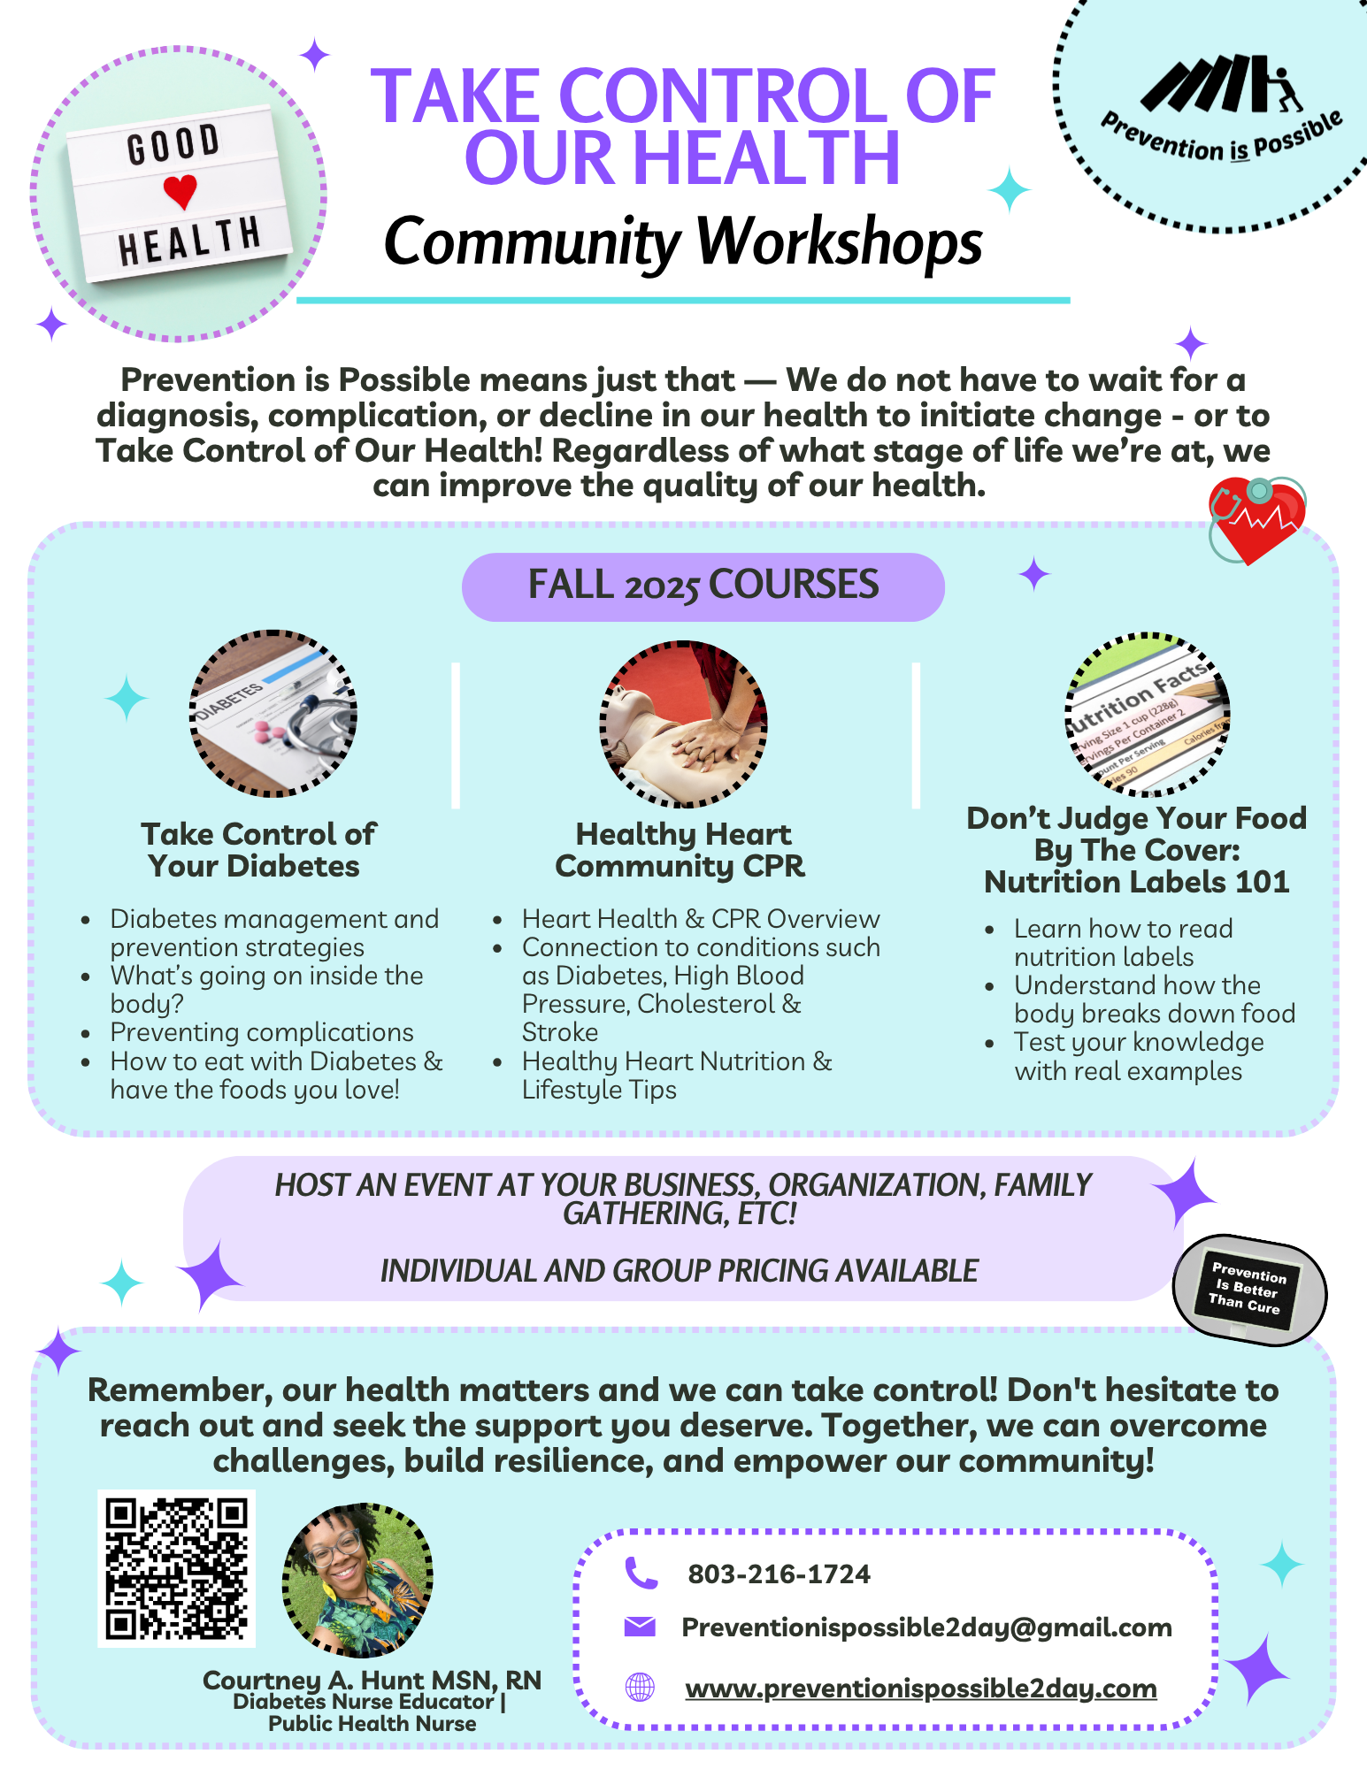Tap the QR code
pyautogui.click(x=176, y=1568)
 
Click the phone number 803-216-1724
pyautogui.click(x=779, y=1574)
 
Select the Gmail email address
pyautogui.click(x=926, y=1627)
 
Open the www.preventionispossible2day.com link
pyautogui.click(x=920, y=1688)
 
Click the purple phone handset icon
pyautogui.click(x=641, y=1573)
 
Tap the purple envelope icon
pyautogui.click(x=640, y=1626)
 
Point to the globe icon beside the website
pyautogui.click(x=640, y=1687)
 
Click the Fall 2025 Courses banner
pyautogui.click(x=703, y=586)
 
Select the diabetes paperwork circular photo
pyautogui.click(x=273, y=714)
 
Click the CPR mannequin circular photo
pyautogui.click(x=683, y=724)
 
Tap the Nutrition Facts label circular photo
pyautogui.click(x=1148, y=715)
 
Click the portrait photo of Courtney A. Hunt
pyautogui.click(x=357, y=1580)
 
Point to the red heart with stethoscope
pyautogui.click(x=1256, y=519)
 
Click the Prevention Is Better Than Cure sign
pyautogui.click(x=1248, y=1289)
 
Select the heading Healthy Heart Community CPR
pyautogui.click(x=680, y=850)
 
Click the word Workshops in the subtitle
pyautogui.click(x=840, y=241)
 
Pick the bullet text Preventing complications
pyautogui.click(x=262, y=1032)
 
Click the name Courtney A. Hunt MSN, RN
pyautogui.click(x=372, y=1680)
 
